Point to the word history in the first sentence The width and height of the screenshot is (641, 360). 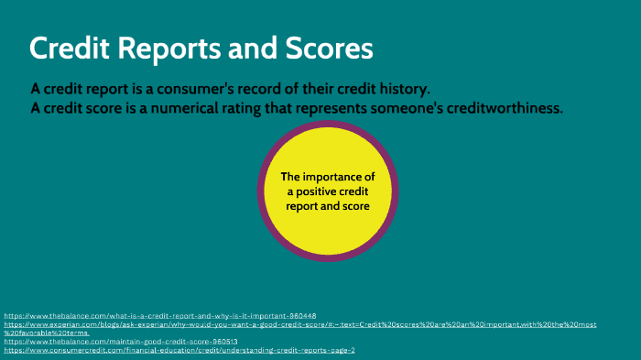pos(402,89)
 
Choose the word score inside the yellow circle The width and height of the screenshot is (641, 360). pos(352,206)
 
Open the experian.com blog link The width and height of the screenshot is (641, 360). pos(275,324)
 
